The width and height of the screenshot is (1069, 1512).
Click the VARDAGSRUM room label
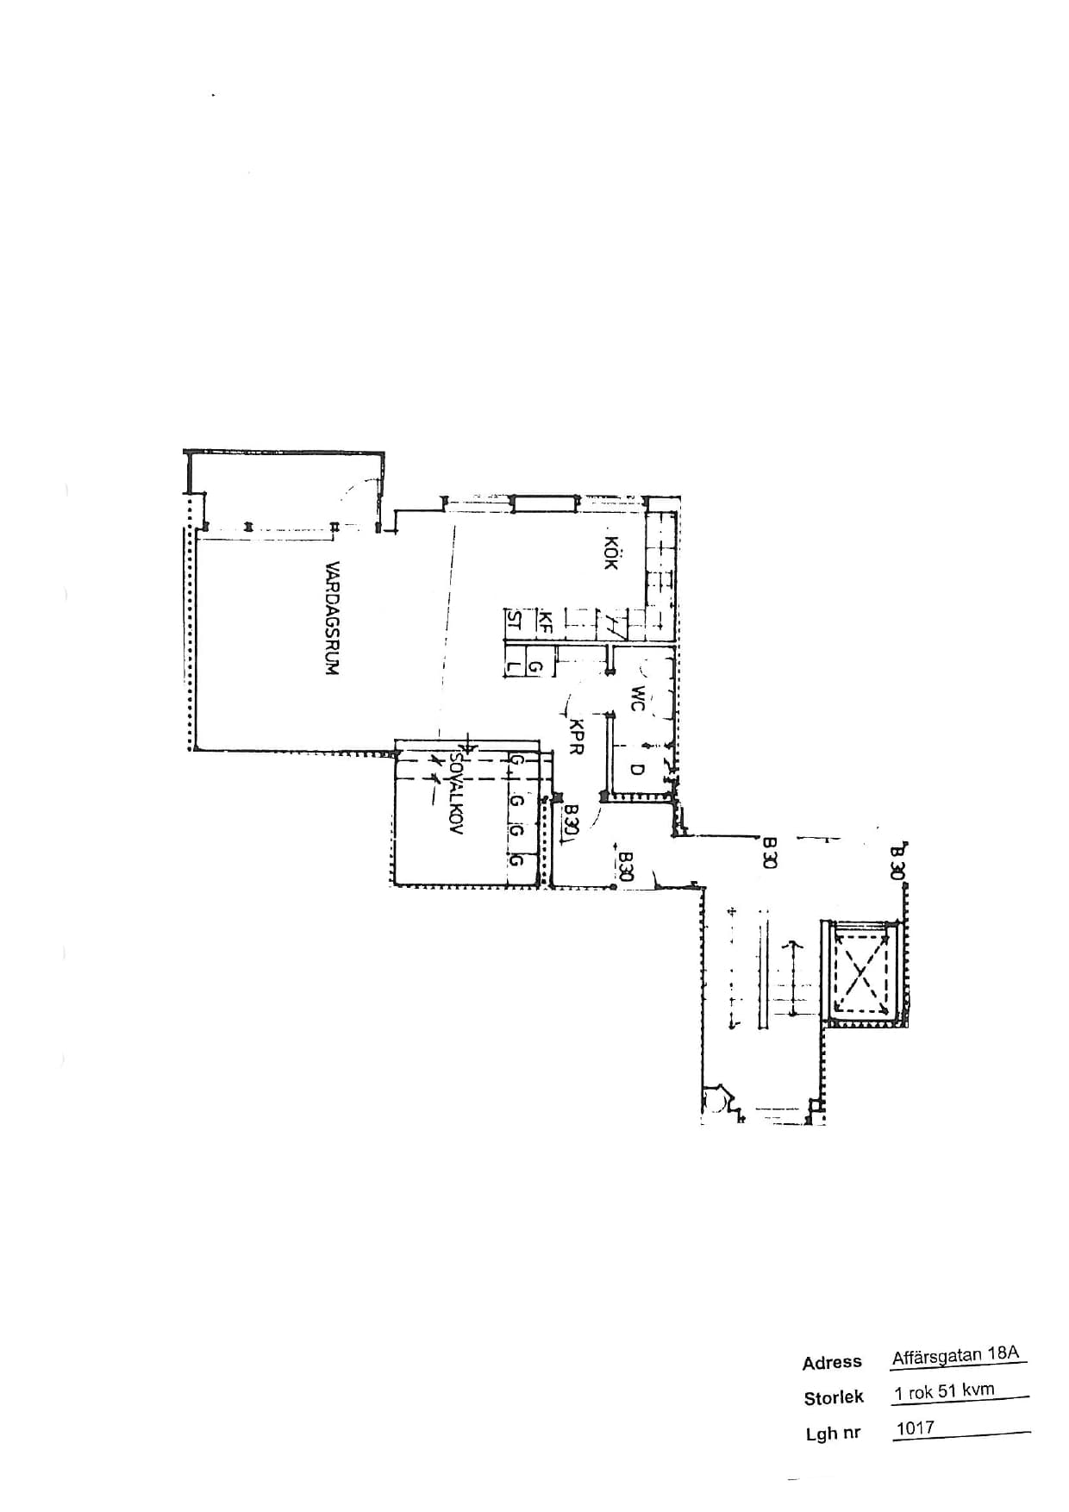[x=333, y=618]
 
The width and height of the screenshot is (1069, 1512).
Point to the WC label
[x=637, y=698]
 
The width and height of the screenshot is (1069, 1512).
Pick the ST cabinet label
[x=514, y=622]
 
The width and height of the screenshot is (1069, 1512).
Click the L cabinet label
[x=514, y=666]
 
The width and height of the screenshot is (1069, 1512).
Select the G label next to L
[x=534, y=666]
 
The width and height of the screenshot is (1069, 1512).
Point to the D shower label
[x=637, y=769]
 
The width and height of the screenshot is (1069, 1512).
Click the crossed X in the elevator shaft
[x=860, y=971]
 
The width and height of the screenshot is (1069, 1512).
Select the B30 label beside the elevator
[x=897, y=861]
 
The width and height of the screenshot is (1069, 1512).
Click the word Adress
[x=832, y=1363]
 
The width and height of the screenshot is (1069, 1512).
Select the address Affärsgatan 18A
[x=955, y=1355]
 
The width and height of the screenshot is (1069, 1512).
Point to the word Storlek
[x=834, y=1398]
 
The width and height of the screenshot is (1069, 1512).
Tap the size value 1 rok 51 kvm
[x=944, y=1391]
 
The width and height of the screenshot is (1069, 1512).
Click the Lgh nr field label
[x=833, y=1434]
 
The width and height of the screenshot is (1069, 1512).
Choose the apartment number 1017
[x=915, y=1428]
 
